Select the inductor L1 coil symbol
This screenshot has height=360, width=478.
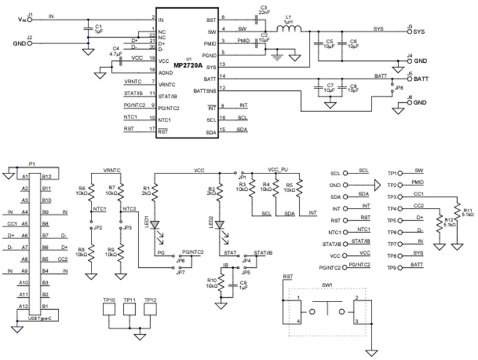point(289,29)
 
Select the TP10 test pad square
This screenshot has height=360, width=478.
point(110,310)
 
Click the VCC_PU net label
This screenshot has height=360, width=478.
point(278,170)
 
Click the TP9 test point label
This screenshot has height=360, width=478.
point(392,268)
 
